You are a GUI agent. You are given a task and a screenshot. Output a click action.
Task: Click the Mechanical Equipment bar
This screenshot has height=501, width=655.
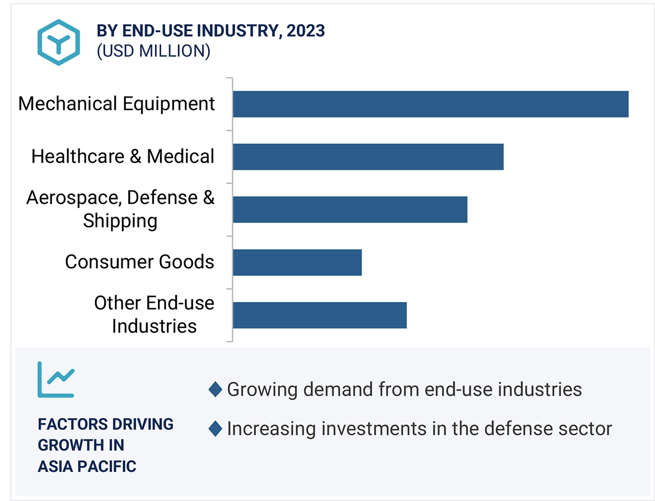430,104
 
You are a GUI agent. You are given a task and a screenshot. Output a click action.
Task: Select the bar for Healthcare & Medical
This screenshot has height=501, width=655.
368,157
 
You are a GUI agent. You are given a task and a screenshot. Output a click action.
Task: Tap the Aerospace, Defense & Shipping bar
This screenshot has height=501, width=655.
350,210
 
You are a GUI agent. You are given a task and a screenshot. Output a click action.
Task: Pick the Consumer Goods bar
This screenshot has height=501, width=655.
297,262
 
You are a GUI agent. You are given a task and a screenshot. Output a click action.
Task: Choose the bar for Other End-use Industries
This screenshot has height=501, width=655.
320,315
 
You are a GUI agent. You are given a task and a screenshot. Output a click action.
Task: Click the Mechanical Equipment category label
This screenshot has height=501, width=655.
116,104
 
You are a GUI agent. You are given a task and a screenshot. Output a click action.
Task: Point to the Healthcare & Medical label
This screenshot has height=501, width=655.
123,156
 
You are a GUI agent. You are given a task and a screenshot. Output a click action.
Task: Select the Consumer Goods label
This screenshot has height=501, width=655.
139,262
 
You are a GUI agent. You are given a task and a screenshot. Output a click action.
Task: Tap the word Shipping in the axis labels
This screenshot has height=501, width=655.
120,221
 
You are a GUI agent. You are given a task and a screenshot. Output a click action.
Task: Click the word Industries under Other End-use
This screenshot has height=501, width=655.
154,326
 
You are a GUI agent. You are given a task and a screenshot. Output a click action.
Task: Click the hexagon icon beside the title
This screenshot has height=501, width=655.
59,42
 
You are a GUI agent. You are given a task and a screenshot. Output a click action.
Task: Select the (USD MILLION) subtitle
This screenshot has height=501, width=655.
153,52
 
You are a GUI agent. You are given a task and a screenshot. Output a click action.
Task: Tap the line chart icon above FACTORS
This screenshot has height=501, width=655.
55,379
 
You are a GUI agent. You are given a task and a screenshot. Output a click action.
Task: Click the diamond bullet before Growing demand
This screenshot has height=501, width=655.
215,389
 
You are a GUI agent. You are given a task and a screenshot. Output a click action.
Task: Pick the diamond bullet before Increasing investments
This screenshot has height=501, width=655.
215,429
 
